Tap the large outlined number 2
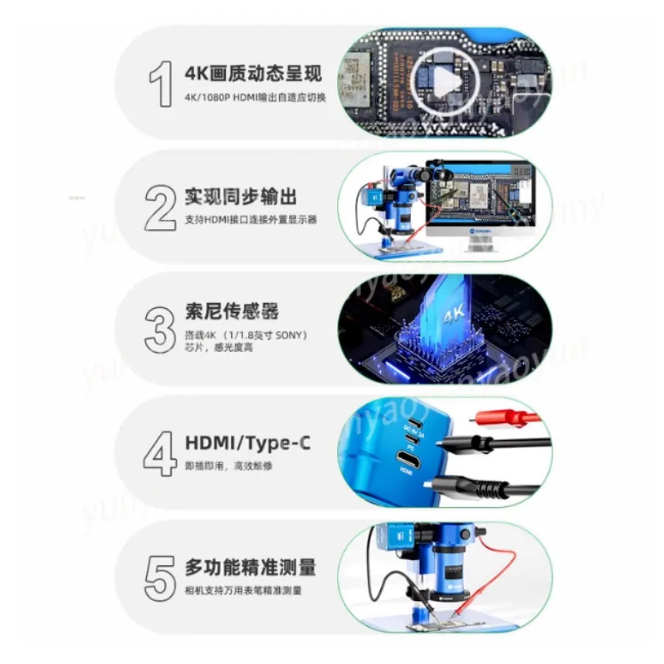pos(160,207)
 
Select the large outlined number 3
pos(160,329)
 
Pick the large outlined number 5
pos(161,576)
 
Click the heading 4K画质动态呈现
pos(252,72)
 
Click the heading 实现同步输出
pos(241,197)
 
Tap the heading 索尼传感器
pos(232,312)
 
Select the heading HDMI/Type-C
pos(248,442)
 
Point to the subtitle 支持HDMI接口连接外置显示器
pos(251,221)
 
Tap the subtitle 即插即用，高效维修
pos(228,466)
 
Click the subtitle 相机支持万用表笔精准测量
pos(243,591)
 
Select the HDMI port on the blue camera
pos(408,457)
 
